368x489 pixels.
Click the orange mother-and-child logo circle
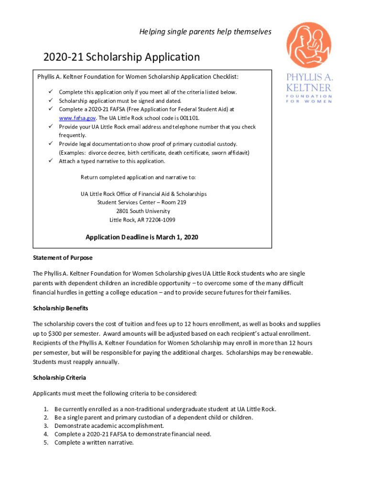(309, 45)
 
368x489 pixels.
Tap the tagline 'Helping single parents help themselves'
(205, 32)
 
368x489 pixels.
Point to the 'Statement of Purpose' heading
(63, 258)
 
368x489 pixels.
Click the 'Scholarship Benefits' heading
(60, 308)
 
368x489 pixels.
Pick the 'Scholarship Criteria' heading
(59, 378)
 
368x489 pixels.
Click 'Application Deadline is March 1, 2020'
(141, 237)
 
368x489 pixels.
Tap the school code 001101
(189, 118)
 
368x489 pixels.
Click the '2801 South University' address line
(142, 211)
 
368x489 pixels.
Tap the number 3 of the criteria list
(46, 425)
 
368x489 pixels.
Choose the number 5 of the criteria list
(46, 443)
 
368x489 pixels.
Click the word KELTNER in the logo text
(309, 88)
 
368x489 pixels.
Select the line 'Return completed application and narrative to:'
(138, 178)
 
